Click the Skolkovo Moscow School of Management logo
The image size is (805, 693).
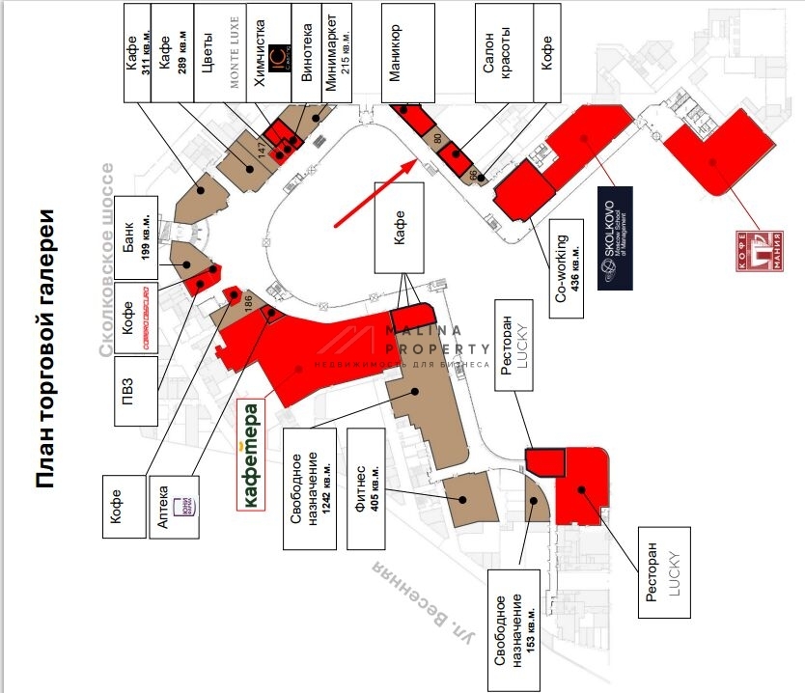click(x=614, y=237)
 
